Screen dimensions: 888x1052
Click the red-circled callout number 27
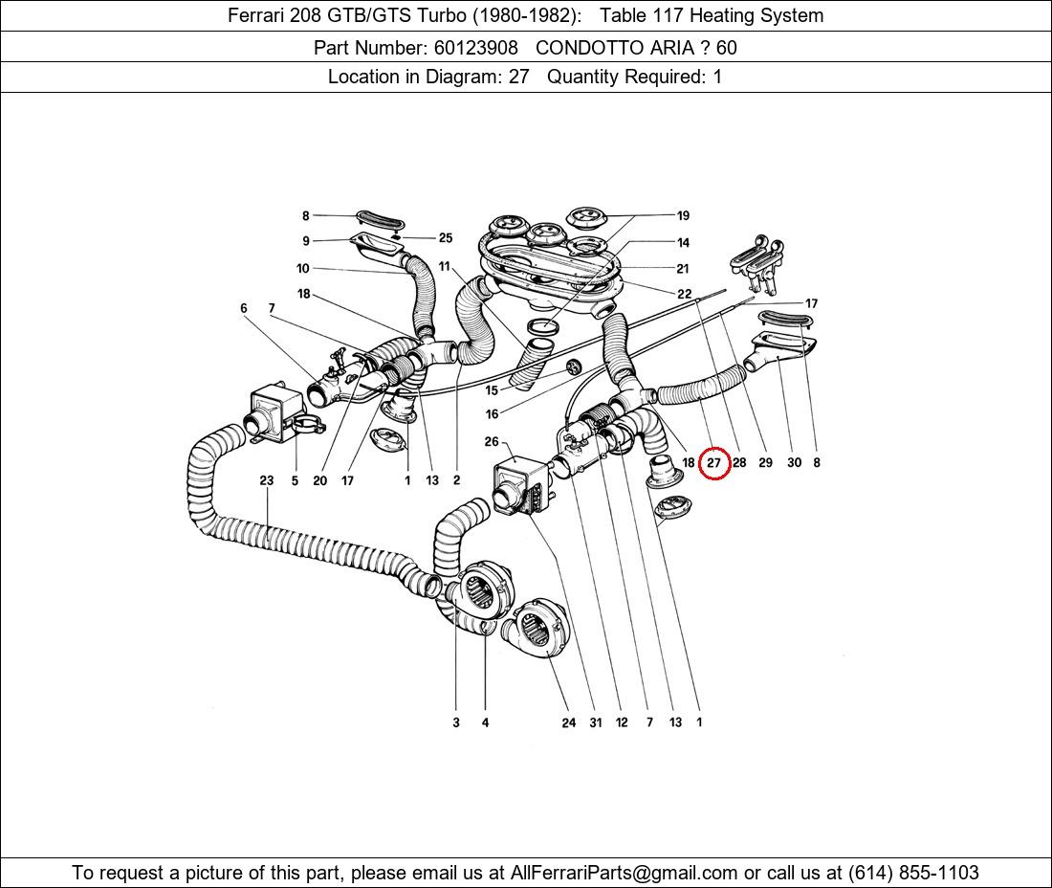tap(714, 463)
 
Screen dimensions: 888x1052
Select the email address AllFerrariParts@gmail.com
tap(624, 873)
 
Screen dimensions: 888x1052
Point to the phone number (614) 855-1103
tap(913, 873)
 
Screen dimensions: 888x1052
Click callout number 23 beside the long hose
tap(267, 480)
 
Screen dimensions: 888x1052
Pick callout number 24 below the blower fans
tap(569, 722)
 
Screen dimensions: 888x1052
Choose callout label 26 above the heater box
tap(492, 442)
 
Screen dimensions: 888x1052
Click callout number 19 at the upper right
tap(683, 216)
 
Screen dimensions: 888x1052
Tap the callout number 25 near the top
tap(445, 238)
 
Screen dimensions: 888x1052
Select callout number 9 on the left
tap(306, 241)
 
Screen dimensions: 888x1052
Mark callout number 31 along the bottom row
tap(596, 722)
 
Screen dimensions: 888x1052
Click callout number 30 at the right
tap(794, 463)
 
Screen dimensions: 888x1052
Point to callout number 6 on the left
tap(244, 308)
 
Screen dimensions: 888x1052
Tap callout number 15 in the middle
tap(492, 390)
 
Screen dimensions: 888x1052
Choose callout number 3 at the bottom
tap(456, 722)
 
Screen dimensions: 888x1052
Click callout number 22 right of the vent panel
tap(684, 295)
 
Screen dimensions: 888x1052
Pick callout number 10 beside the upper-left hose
tap(303, 269)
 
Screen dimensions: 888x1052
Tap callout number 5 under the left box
tap(295, 480)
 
